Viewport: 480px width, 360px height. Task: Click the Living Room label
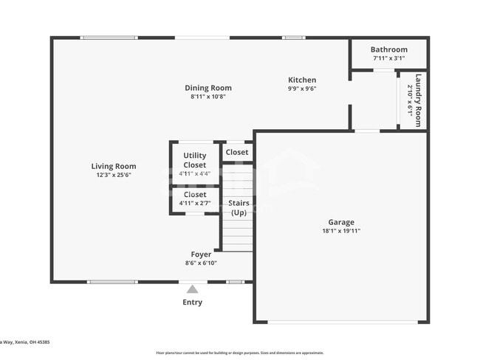click(x=114, y=167)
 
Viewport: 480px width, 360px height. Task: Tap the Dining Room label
click(x=208, y=88)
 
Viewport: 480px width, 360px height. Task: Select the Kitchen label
click(x=302, y=80)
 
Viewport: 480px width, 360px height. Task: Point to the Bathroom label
click(x=389, y=49)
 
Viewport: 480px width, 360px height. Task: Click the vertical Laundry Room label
click(x=419, y=100)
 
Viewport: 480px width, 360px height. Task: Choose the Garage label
click(x=341, y=222)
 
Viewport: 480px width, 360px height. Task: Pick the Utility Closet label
click(x=195, y=160)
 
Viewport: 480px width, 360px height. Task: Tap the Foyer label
click(x=201, y=255)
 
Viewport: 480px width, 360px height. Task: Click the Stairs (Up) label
click(x=239, y=207)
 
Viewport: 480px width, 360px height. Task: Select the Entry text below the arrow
click(x=192, y=302)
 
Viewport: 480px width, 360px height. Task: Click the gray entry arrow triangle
click(x=192, y=289)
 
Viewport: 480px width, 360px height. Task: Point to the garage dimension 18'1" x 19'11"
click(x=341, y=231)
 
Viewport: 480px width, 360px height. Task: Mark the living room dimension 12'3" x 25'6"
click(x=114, y=176)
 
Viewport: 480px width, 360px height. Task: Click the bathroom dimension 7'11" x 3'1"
click(x=389, y=58)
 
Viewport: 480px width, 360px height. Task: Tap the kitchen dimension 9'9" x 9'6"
click(x=302, y=89)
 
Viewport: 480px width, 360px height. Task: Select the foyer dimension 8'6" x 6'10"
click(x=201, y=263)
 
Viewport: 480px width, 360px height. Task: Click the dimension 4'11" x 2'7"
click(x=195, y=204)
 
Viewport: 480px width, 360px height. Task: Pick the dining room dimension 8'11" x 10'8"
click(x=208, y=97)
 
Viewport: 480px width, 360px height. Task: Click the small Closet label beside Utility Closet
click(x=237, y=153)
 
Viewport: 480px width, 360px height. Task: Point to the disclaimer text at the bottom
click(x=240, y=353)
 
